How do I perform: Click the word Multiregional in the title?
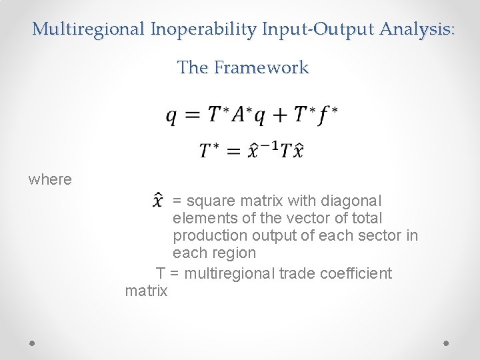tap(89, 29)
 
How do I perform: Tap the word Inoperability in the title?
tap(205, 29)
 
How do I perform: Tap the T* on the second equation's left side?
tap(211, 151)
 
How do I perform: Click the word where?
tap(50, 179)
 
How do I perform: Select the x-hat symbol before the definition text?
tap(157, 200)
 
